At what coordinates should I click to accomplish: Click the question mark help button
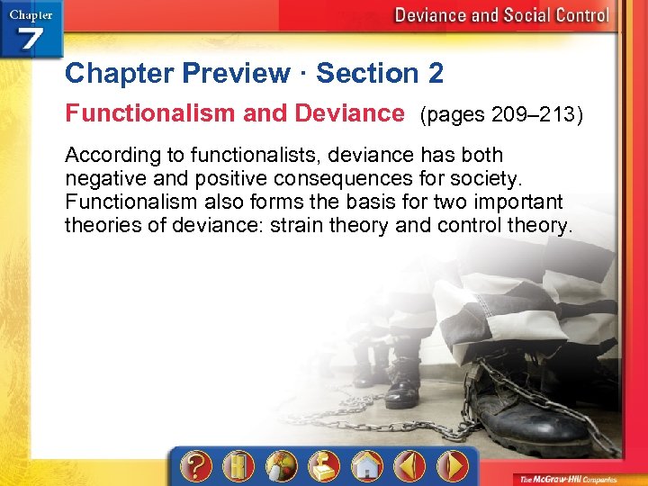coord(196,466)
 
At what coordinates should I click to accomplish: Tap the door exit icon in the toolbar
coord(237,466)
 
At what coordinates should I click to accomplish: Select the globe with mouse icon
coord(281,466)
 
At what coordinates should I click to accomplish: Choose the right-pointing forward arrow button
coord(453,466)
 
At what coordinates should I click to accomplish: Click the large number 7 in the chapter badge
coord(31,40)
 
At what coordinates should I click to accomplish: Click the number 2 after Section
coord(436,73)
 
